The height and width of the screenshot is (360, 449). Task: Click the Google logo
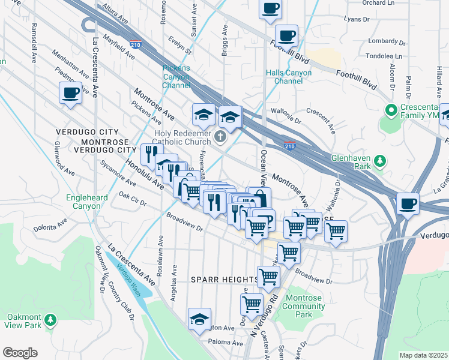20,353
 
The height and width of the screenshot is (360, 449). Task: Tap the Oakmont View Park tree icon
52,318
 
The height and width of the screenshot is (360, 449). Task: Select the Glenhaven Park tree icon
379,160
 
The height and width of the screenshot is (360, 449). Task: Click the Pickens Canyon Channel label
176,77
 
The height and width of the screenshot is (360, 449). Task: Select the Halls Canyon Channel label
289,77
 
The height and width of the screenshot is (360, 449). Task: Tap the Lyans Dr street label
357,19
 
